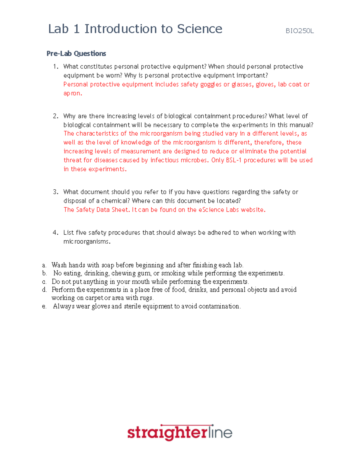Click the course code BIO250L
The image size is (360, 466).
[x=299, y=31]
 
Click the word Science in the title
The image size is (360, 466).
[x=199, y=29]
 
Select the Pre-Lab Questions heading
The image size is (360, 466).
[x=76, y=53]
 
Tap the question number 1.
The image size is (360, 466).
[x=55, y=67]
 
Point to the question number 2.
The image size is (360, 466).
[x=55, y=116]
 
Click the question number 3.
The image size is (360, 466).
[x=55, y=192]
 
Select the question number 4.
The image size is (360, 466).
[x=55, y=233]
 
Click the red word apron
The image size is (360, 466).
[x=72, y=93]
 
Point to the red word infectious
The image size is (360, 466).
[x=164, y=160]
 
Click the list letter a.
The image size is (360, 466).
[x=44, y=265]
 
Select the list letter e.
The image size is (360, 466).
[x=44, y=306]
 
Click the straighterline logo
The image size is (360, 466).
[x=180, y=432]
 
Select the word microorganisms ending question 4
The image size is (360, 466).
[x=86, y=242]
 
